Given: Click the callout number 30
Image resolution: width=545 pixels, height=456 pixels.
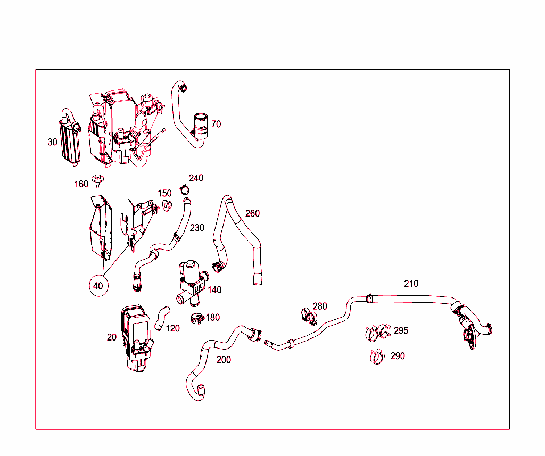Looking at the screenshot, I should point(52,142).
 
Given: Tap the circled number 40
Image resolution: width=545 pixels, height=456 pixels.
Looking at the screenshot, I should point(98,286).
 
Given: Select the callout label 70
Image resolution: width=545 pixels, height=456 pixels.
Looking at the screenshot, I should point(216,124).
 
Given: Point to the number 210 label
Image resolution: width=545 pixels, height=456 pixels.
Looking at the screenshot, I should point(411,284).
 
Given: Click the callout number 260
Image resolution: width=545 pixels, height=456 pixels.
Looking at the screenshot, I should point(252,213).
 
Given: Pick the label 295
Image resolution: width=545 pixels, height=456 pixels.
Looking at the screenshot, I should point(401,330).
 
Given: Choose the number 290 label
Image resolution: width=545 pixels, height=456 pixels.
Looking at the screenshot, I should point(398,356).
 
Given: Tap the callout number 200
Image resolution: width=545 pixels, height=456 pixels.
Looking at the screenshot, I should point(224,360).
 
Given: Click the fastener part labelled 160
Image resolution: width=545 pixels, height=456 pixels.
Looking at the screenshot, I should point(98,180).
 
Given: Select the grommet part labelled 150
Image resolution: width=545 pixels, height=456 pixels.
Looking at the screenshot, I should point(167,206).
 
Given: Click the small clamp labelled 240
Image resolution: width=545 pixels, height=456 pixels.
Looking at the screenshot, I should point(184,188).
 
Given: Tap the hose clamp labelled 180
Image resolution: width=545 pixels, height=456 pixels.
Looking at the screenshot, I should point(196,319).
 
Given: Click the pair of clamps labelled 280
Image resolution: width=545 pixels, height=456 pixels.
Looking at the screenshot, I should point(307,316).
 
